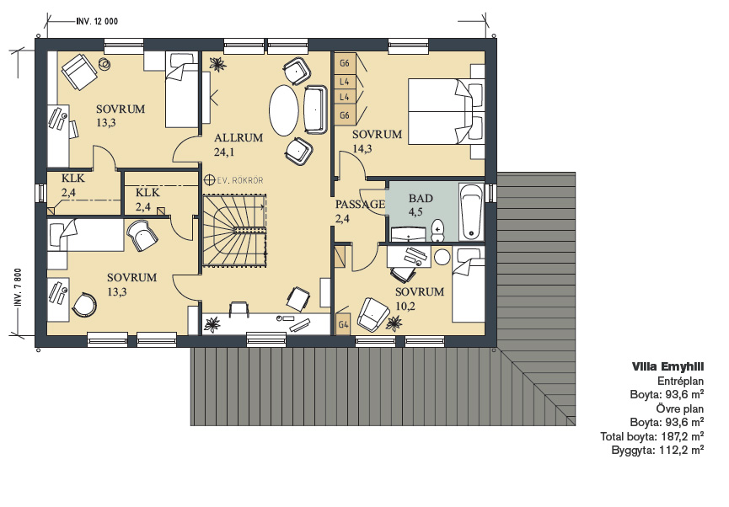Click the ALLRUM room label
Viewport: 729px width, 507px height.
[239, 137]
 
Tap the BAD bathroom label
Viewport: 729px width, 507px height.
[421, 199]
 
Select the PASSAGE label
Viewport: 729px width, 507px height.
[361, 204]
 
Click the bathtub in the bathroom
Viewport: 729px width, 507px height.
[471, 212]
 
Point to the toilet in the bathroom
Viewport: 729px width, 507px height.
[438, 231]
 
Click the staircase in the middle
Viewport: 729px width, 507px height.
[235, 231]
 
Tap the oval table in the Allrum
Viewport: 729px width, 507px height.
[284, 110]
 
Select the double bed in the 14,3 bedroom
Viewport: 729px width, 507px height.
[447, 111]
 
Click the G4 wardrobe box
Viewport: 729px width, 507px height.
[343, 325]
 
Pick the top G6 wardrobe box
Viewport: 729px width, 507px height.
[345, 63]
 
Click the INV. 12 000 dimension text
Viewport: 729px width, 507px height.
[97, 21]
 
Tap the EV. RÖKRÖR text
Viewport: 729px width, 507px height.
[239, 180]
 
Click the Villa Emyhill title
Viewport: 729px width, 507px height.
[667, 366]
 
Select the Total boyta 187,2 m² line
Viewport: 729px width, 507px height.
[651, 436]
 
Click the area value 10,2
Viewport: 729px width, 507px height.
[405, 306]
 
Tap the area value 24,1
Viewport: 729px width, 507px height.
[224, 152]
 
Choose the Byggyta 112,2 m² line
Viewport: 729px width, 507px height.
[657, 450]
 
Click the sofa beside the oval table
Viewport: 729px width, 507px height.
[315, 109]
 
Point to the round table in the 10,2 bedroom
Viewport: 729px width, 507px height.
[442, 258]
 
